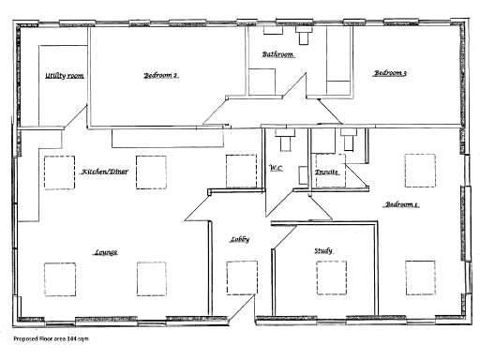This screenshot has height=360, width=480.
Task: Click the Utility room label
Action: tap(65, 76)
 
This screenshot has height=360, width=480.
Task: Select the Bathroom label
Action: tap(278, 55)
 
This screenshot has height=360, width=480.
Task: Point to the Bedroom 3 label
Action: tap(390, 73)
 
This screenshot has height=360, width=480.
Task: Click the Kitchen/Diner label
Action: tap(104, 172)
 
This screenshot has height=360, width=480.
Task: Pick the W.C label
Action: tap(276, 169)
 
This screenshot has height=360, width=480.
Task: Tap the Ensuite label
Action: tap(326, 173)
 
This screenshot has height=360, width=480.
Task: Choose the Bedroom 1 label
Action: tap(400, 204)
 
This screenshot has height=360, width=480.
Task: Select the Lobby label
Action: tap(238, 240)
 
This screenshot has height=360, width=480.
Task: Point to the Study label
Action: tap(323, 250)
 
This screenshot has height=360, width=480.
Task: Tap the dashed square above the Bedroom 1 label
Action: tap(420, 170)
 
